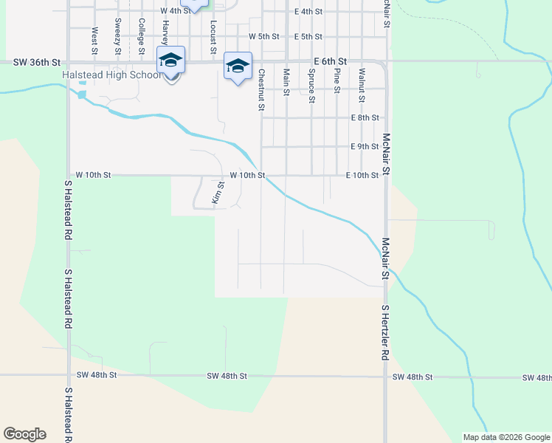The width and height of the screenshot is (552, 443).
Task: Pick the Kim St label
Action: coord(218,193)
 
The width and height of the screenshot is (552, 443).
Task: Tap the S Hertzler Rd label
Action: coord(385,332)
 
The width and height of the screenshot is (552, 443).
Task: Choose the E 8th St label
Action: coord(364,117)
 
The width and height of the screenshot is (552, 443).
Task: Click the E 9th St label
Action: coord(364,146)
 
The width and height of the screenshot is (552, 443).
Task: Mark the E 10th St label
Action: coord(362,175)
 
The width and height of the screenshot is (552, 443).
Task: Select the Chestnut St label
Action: coord(261,89)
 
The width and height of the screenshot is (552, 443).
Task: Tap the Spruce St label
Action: coord(312,85)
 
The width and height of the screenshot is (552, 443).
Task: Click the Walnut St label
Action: coord(362,85)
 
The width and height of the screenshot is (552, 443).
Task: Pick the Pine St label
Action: coord(337,80)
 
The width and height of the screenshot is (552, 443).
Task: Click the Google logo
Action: coord(24,434)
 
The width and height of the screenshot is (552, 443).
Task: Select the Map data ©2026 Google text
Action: coord(506,437)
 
